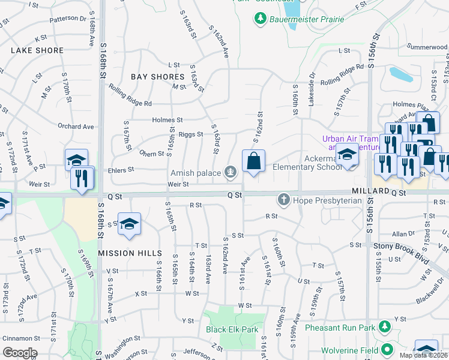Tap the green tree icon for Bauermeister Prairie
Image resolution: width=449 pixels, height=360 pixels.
click(261, 19)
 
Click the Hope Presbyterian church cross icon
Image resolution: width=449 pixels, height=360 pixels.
click(283, 199)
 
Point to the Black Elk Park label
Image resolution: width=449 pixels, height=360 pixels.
click(232, 329)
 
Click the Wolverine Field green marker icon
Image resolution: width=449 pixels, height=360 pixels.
click(388, 349)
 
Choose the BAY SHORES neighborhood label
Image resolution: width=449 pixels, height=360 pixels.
click(157, 77)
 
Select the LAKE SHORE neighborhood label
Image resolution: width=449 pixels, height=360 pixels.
click(37, 51)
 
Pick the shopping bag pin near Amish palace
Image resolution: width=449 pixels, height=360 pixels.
click(253, 161)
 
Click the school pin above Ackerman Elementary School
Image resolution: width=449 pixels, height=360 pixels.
click(346, 155)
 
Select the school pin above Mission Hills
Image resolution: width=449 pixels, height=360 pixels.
click(130, 224)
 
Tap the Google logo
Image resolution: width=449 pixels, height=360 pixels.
click(19, 353)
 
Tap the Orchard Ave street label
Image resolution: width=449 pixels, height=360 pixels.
click(76, 127)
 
